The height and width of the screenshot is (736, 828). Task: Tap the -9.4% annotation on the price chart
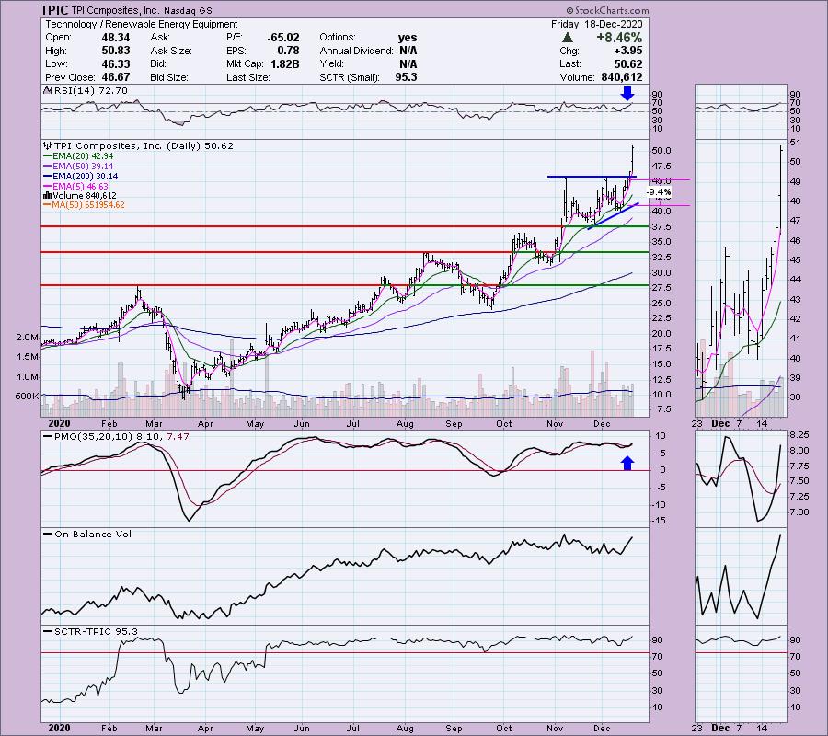[x=659, y=192]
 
